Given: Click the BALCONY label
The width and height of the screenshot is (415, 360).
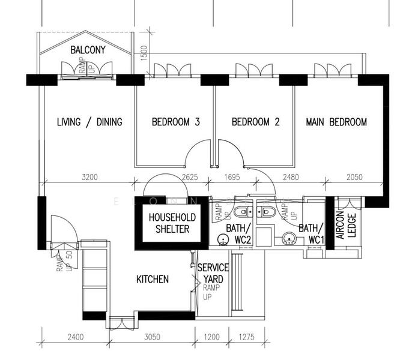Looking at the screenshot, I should click(x=88, y=50).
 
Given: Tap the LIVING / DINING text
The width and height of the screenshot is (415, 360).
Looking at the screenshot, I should click(x=89, y=122).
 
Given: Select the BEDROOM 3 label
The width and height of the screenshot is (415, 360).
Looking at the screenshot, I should click(x=175, y=122).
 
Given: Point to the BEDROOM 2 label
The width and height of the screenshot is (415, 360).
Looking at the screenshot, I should click(x=256, y=122).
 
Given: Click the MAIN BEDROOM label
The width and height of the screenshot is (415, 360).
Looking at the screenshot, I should click(x=336, y=122).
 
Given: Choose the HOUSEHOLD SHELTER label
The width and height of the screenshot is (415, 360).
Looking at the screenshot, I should click(x=169, y=223).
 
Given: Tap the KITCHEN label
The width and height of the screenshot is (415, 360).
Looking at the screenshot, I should click(x=153, y=279).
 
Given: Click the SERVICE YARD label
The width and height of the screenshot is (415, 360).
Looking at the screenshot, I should click(x=213, y=273).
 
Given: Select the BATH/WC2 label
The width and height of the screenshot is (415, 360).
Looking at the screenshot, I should click(x=238, y=233).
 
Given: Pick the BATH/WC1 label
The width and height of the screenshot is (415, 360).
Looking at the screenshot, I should click(x=310, y=233).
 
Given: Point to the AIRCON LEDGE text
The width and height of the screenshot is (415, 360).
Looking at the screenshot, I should click(x=346, y=226).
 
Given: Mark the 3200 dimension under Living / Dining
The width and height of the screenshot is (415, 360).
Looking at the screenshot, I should click(x=89, y=177).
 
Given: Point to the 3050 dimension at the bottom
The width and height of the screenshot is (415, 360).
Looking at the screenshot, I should click(x=151, y=338).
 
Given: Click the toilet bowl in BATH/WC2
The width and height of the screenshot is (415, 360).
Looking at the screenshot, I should click(x=242, y=211).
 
